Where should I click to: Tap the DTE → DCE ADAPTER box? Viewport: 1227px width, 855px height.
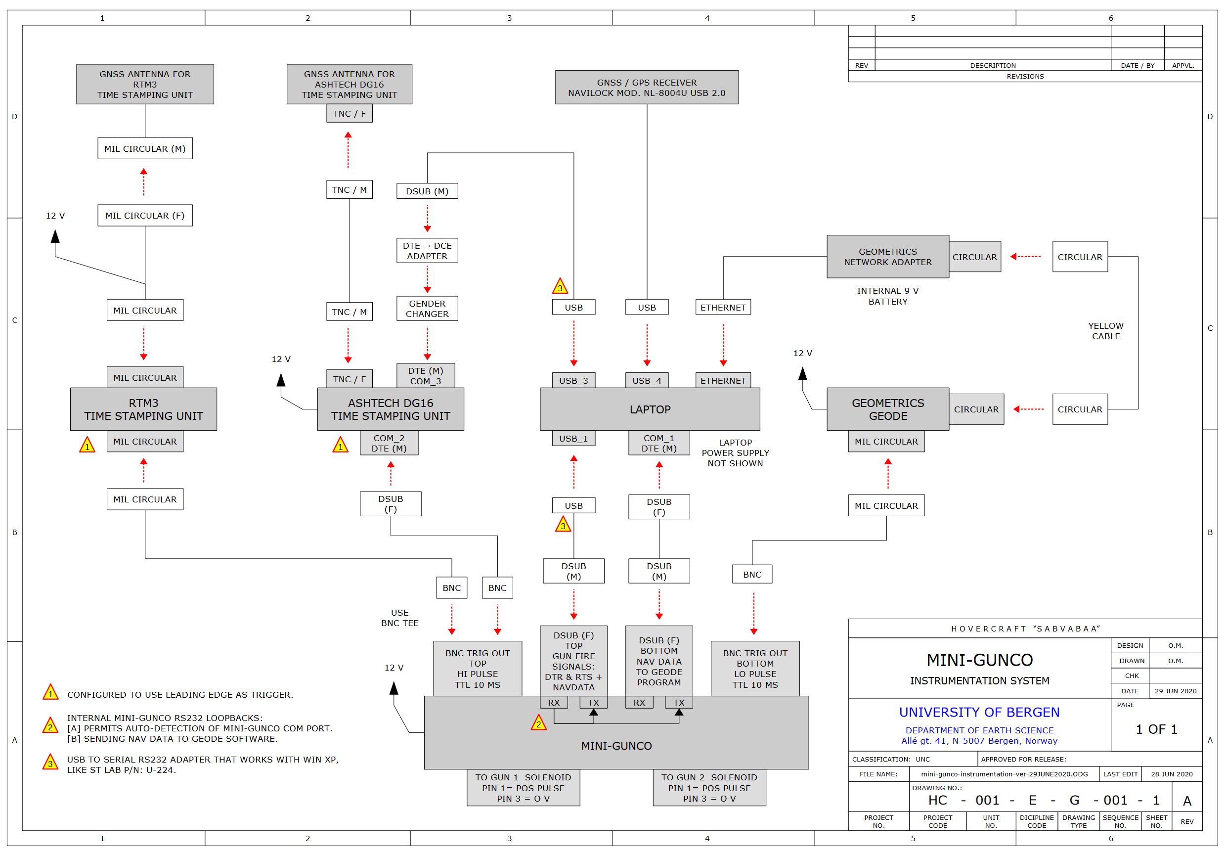click(x=427, y=250)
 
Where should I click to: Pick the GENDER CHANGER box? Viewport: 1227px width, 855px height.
click(x=427, y=309)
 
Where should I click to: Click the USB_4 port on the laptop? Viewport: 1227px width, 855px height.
click(x=647, y=380)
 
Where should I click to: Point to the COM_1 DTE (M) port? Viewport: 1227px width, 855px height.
click(x=658, y=443)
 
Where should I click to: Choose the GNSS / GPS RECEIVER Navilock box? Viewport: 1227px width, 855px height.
click(x=647, y=87)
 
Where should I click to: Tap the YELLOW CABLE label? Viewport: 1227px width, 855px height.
click(x=1106, y=331)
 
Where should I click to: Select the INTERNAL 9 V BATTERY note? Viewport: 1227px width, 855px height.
click(x=888, y=296)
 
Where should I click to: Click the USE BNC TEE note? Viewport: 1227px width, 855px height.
click(x=400, y=618)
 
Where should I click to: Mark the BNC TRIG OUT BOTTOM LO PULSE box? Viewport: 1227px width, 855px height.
click(x=754, y=669)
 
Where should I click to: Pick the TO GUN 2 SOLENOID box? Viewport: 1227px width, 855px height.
click(x=709, y=788)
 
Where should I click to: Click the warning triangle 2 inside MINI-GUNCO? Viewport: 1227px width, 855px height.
click(x=538, y=723)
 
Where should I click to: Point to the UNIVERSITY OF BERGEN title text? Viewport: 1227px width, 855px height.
click(x=979, y=712)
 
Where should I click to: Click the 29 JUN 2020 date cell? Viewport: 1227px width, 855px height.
click(x=1175, y=691)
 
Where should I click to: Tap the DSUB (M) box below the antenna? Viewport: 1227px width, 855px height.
click(x=427, y=191)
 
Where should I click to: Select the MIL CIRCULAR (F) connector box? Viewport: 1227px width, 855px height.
click(x=145, y=216)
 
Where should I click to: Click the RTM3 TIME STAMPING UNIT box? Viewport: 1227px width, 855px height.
click(x=143, y=409)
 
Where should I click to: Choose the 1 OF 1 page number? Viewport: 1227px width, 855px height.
click(x=1156, y=729)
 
